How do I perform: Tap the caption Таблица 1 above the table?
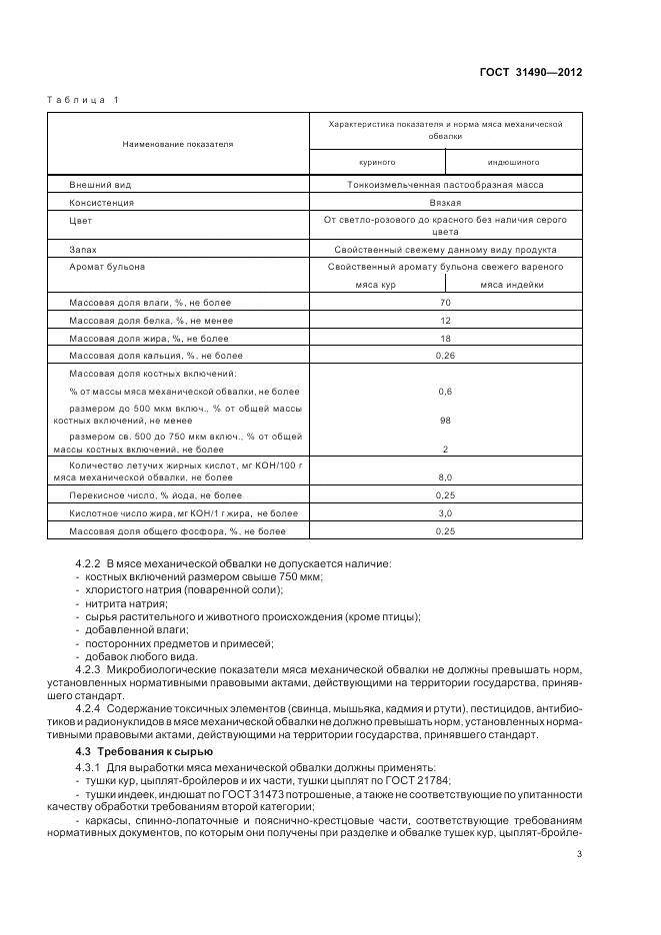pyautogui.click(x=83, y=100)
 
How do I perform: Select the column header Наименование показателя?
pyautogui.click(x=178, y=144)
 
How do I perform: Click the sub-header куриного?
pyautogui.click(x=378, y=161)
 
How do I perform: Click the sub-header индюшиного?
pyautogui.click(x=513, y=161)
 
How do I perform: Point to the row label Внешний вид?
pyautogui.click(x=100, y=185)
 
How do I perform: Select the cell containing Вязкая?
pyautogui.click(x=446, y=202)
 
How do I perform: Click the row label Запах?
pyautogui.click(x=82, y=250)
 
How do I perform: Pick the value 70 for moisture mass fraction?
pyautogui.click(x=446, y=302)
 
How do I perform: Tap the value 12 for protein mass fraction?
pyautogui.click(x=446, y=320)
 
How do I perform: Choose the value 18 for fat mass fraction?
pyautogui.click(x=446, y=338)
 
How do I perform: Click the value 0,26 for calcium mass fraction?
pyautogui.click(x=446, y=355)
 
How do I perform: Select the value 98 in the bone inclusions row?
pyautogui.click(x=446, y=421)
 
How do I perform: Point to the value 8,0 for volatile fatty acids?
pyautogui.click(x=446, y=477)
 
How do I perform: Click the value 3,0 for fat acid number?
pyautogui.click(x=446, y=513)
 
